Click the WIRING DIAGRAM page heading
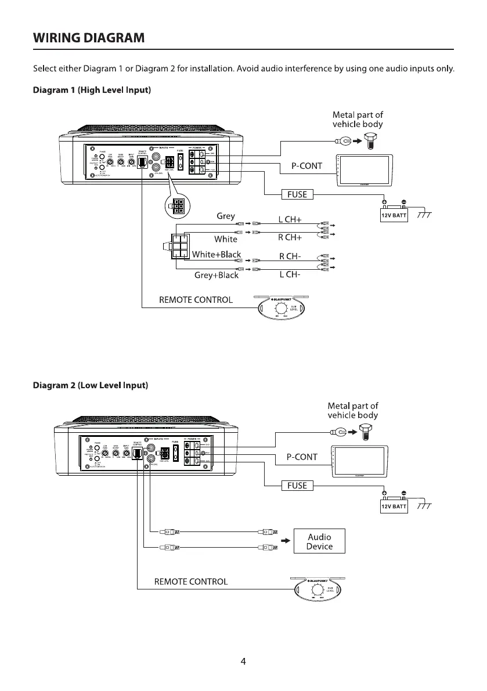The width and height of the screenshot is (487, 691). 89,38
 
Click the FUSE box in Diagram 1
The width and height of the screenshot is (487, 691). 297,194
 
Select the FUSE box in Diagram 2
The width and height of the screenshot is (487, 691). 297,485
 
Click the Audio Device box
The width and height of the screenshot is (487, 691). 319,541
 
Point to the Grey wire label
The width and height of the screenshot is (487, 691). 226,216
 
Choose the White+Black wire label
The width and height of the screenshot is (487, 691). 216,254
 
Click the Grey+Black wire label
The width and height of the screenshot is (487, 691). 216,275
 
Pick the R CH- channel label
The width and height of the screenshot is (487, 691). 290,256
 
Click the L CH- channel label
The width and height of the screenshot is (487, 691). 290,274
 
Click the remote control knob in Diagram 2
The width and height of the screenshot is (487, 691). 317,591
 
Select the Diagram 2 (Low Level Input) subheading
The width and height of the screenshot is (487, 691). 91,385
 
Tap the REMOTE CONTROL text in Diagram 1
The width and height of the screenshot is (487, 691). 196,300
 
